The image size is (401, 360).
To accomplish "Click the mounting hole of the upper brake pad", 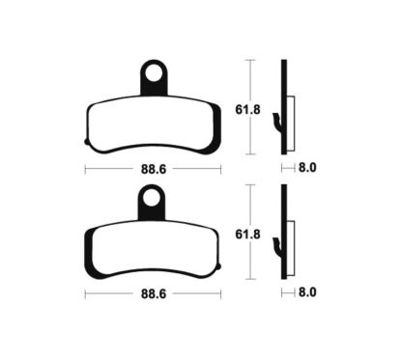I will click(152, 71).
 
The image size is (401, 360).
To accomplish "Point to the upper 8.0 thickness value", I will click(308, 168).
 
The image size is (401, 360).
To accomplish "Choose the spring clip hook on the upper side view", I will click(277, 122).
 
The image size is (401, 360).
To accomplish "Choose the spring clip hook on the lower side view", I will click(277, 247).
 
